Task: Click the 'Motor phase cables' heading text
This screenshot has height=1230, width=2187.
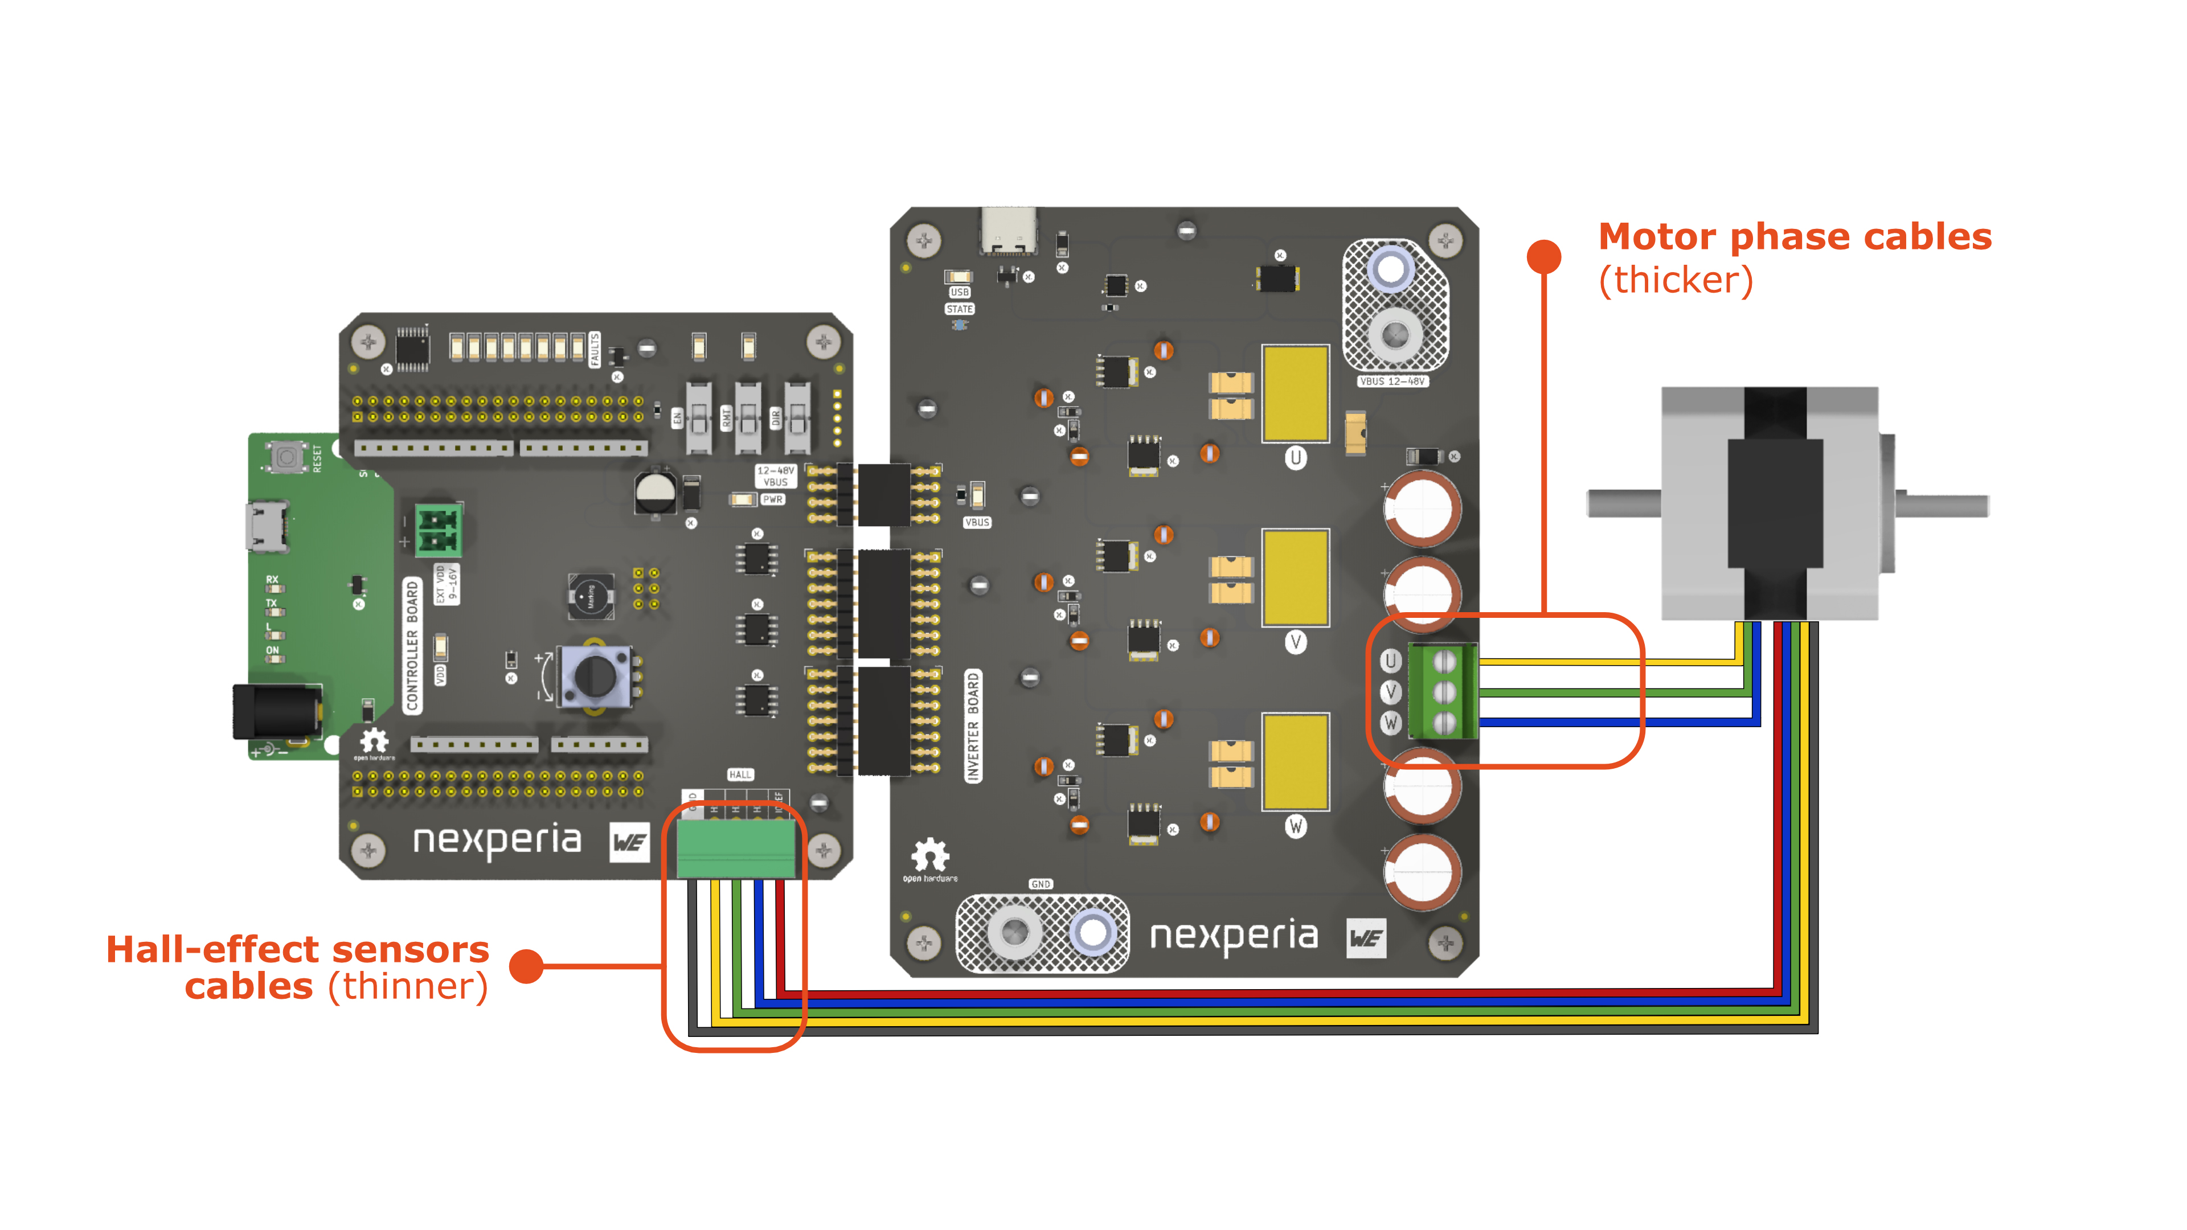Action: (1794, 237)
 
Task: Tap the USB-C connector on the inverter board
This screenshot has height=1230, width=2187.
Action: (1009, 231)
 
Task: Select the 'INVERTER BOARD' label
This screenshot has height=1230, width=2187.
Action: (973, 726)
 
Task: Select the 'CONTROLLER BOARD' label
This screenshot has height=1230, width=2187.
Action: (412, 645)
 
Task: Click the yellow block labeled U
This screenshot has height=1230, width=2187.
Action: (1295, 393)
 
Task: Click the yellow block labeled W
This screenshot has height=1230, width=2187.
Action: (1295, 761)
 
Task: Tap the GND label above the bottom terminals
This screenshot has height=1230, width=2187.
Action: (1040, 884)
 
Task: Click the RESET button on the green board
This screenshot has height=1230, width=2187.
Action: (287, 457)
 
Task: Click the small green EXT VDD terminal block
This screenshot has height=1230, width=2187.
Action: (438, 530)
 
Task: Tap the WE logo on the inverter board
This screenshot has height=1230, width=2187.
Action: (1366, 938)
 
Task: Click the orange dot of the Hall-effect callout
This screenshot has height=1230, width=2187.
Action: (526, 966)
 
